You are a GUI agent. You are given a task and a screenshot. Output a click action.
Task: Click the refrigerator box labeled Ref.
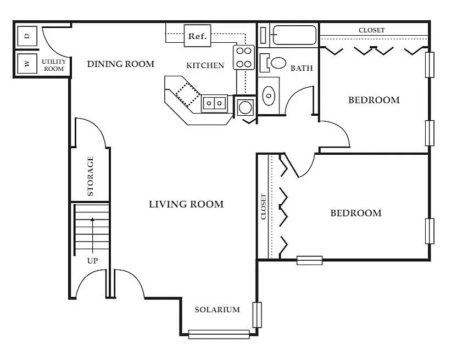(x=197, y=36)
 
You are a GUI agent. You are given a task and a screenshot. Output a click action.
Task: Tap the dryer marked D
(x=27, y=36)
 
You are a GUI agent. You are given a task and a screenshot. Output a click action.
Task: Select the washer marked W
(x=27, y=64)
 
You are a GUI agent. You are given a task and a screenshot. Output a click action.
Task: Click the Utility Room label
(x=54, y=65)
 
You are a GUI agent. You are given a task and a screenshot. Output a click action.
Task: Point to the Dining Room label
(x=121, y=64)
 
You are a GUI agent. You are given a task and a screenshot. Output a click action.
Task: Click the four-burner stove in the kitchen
(x=244, y=58)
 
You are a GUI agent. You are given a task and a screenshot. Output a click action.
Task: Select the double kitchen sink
(x=214, y=103)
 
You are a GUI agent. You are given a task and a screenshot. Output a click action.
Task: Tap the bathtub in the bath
(x=294, y=35)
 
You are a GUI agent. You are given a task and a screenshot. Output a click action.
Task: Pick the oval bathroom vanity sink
(x=269, y=95)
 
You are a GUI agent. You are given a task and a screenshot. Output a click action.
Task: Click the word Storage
(x=90, y=176)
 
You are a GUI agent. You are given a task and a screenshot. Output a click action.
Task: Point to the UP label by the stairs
(x=92, y=261)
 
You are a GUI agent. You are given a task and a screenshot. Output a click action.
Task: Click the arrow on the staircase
(x=93, y=235)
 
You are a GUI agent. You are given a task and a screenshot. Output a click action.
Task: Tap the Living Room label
(x=186, y=204)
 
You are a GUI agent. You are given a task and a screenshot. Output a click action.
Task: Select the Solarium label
(x=217, y=310)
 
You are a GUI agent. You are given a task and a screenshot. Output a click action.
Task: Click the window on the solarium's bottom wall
(x=219, y=334)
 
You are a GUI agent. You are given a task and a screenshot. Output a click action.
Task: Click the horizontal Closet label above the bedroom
(x=372, y=30)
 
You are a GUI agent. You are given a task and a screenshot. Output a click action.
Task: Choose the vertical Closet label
(x=264, y=206)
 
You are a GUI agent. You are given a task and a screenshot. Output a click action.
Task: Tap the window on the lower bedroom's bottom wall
(x=310, y=260)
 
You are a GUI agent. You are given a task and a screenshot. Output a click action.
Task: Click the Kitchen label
(x=205, y=65)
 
